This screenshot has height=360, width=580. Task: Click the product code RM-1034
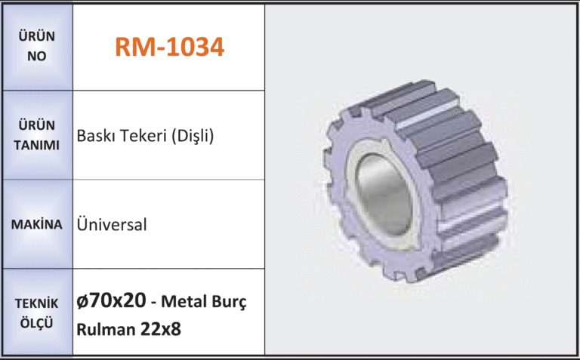(x=169, y=47)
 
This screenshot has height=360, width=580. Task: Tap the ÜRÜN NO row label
(x=36, y=46)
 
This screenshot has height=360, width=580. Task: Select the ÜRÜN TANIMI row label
(x=36, y=135)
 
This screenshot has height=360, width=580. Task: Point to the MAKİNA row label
(x=36, y=224)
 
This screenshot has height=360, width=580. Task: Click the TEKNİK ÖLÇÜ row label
(x=36, y=313)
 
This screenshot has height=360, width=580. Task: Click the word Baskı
(x=95, y=136)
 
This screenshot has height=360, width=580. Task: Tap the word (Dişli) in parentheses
(x=193, y=136)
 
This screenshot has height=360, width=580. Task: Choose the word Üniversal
(x=112, y=224)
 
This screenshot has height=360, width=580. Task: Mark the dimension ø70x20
(x=111, y=300)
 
